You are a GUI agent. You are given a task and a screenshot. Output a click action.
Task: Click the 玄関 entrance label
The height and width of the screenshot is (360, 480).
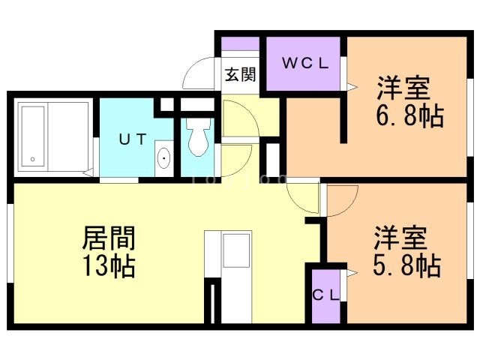click(x=240, y=74)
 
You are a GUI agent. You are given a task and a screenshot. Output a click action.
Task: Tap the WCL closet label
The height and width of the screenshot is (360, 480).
click(x=305, y=63)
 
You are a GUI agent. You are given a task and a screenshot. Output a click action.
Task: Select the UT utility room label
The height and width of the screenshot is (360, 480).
click(x=132, y=139)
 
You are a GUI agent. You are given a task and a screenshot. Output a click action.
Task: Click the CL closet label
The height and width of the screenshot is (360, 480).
click(x=325, y=295)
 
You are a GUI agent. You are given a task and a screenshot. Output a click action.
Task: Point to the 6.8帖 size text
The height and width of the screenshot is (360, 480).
click(x=409, y=115)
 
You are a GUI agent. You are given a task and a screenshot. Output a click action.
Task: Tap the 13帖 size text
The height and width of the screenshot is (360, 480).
click(x=109, y=266)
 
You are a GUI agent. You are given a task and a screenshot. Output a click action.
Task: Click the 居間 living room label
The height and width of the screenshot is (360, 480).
click(x=109, y=238)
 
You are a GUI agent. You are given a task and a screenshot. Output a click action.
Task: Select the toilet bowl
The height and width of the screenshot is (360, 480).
click(x=199, y=136)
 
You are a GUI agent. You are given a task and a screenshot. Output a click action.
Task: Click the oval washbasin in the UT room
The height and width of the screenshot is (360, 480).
click(x=163, y=158)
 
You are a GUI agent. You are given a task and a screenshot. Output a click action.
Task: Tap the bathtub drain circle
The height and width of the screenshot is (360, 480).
click(x=32, y=159)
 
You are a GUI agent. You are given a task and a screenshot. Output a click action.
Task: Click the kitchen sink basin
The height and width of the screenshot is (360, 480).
click(x=236, y=250)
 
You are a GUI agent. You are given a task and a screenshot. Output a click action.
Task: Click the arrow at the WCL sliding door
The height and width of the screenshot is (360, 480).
click(x=352, y=87)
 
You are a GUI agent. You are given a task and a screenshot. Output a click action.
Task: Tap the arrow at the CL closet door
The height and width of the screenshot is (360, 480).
click(x=352, y=273)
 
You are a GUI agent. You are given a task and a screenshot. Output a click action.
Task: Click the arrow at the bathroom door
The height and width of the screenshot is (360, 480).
click(x=88, y=172)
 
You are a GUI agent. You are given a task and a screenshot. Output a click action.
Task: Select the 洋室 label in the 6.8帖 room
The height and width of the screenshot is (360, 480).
click(x=403, y=88)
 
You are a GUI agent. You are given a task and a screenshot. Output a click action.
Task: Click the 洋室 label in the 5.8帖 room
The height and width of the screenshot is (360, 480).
click(x=400, y=238)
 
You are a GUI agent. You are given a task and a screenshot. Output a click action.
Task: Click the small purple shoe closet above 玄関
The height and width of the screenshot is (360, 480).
click(x=240, y=43)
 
